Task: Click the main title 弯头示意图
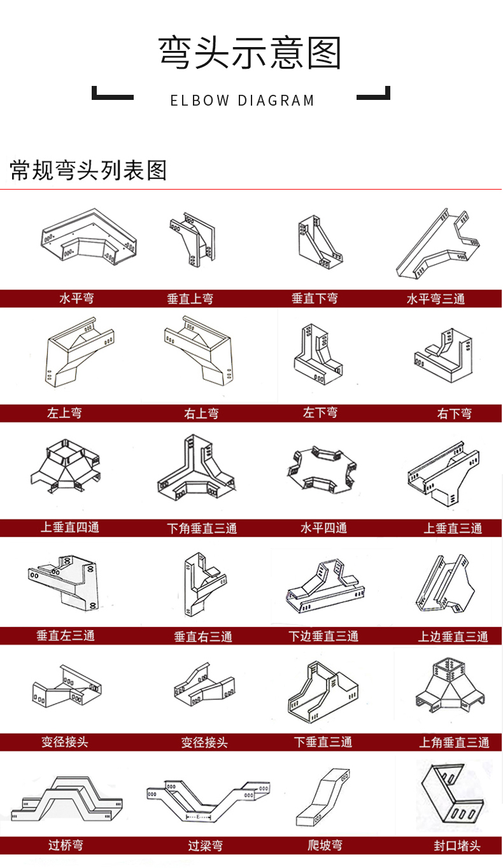click(x=250, y=53)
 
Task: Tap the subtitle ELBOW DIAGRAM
click(x=243, y=101)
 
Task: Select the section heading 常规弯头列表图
click(x=89, y=170)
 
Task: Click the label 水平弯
click(x=77, y=298)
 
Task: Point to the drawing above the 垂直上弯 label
click(x=193, y=239)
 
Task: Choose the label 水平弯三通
click(x=436, y=298)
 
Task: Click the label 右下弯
click(x=454, y=414)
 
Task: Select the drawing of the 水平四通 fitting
click(x=322, y=469)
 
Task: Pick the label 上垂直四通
click(x=70, y=527)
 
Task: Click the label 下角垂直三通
click(x=202, y=528)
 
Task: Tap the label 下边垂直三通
click(x=323, y=636)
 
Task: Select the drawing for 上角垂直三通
click(x=450, y=685)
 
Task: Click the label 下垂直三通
click(x=323, y=742)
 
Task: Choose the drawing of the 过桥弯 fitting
click(x=67, y=799)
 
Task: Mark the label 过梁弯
click(x=205, y=845)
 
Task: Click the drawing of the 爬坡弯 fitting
click(x=323, y=798)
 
